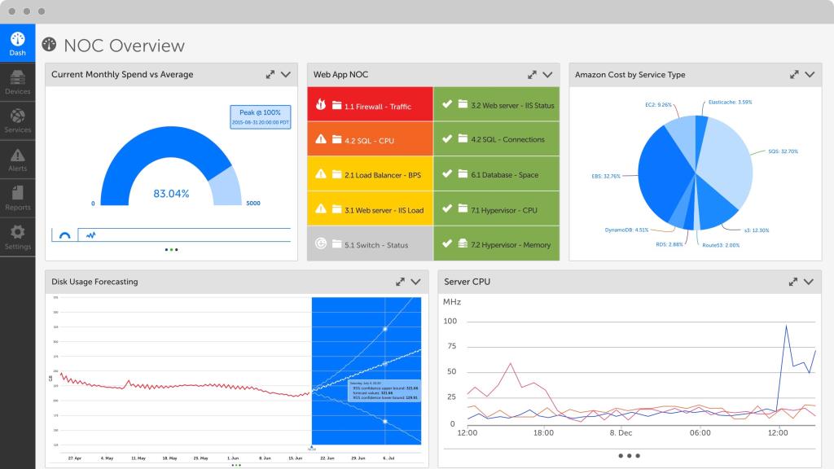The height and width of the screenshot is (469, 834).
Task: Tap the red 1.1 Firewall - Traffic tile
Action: (370, 106)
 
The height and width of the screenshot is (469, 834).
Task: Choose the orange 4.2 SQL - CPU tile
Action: (370, 140)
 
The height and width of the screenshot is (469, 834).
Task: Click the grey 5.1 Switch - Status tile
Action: (370, 244)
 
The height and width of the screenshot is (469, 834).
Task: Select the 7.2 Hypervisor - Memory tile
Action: (497, 244)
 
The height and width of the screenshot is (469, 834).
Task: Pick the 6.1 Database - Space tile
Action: (497, 175)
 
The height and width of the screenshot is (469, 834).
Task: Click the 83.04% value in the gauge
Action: (171, 194)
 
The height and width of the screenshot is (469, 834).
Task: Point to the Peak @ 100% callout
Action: (260, 116)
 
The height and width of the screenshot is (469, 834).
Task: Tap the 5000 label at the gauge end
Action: (253, 204)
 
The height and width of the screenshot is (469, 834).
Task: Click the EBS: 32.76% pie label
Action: (606, 175)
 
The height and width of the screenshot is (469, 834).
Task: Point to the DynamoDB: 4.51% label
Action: (627, 230)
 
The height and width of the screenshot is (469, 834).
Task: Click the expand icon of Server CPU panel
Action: (792, 282)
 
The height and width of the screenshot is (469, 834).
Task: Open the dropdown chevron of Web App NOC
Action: (547, 74)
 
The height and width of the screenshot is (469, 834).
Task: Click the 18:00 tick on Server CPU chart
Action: (544, 433)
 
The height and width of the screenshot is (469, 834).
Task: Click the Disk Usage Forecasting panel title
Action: (94, 282)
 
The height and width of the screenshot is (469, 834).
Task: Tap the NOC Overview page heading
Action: (124, 46)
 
